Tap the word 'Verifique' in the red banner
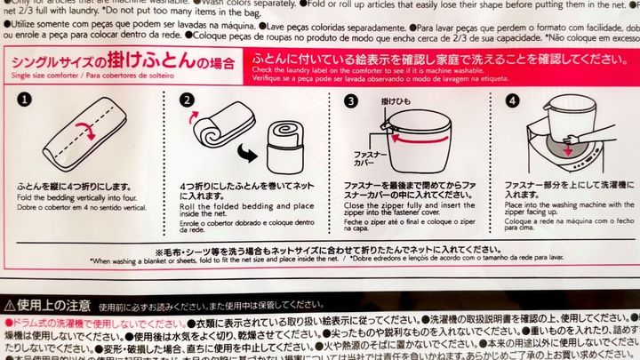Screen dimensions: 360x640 [x=268, y=78]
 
